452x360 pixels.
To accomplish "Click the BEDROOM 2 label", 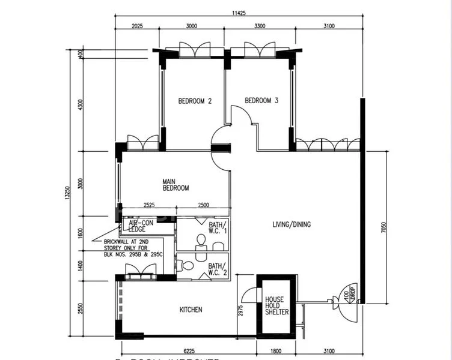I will (x=195, y=101).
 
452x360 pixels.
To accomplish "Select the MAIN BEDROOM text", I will (x=175, y=184).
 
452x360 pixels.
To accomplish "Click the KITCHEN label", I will (x=191, y=310).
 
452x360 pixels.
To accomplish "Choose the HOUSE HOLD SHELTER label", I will (x=276, y=305).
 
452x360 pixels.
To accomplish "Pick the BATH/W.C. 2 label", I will (x=217, y=269).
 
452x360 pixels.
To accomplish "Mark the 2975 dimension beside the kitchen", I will (x=240, y=311).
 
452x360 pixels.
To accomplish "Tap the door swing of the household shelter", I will (x=248, y=296).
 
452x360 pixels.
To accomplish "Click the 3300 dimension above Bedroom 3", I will (x=260, y=26).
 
